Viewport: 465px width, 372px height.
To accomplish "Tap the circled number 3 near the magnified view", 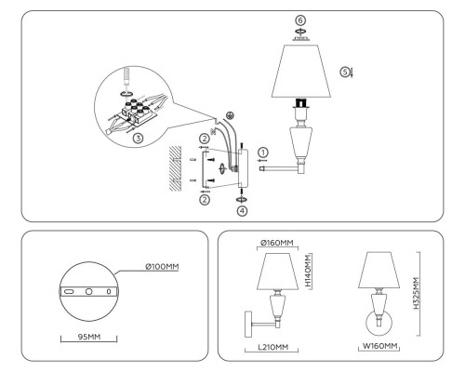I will click(139, 138).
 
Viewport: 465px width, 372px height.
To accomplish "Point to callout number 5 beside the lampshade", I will click(344, 71).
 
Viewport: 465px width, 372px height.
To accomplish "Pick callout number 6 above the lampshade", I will click(299, 20).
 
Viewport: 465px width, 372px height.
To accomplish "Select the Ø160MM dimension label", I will click(276, 244).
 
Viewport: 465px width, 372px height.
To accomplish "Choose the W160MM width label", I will click(378, 346).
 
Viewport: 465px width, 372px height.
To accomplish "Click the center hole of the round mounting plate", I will click(88, 291).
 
